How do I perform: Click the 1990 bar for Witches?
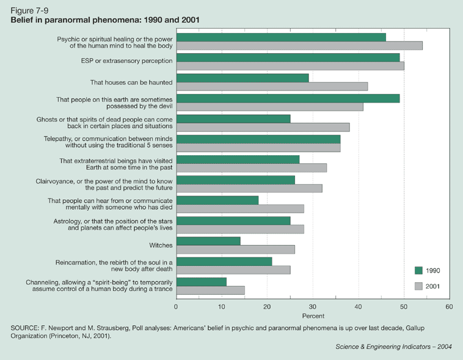coord(208,241)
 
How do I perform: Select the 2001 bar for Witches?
coord(235,249)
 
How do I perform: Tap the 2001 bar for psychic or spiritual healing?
coord(299,45)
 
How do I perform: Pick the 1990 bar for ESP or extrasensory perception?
coord(288,57)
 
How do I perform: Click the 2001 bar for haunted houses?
coord(272,86)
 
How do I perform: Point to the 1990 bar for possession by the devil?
coord(288,98)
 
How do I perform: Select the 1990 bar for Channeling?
coord(201,282)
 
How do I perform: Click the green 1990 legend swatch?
coord(419,271)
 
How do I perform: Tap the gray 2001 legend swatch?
coord(419,285)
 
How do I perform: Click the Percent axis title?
coord(312,315)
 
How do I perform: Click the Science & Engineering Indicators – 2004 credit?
coord(394,347)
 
